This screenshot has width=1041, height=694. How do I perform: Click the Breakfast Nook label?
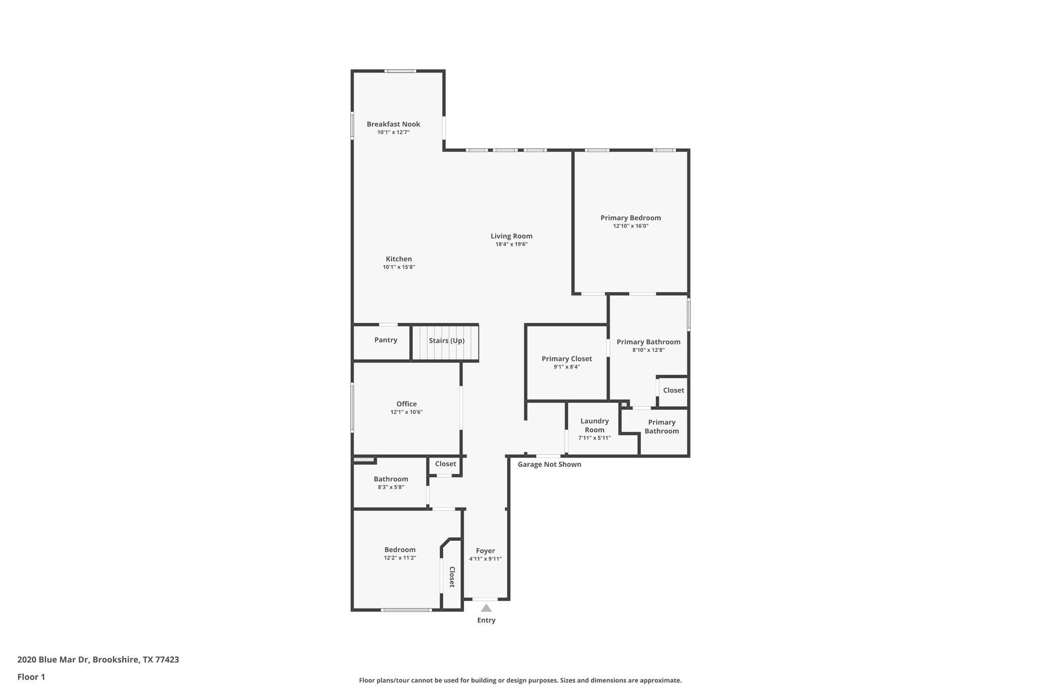click(x=393, y=124)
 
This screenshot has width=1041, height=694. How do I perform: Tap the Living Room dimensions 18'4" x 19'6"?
click(x=511, y=244)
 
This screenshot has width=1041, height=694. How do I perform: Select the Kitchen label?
click(x=399, y=259)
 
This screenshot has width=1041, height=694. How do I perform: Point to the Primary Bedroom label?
click(x=630, y=218)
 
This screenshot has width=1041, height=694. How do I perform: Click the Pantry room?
click(x=385, y=340)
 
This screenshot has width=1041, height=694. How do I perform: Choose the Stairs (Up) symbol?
click(x=446, y=341)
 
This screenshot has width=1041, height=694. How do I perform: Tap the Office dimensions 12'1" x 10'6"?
click(x=406, y=412)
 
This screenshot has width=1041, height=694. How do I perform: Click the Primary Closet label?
click(x=566, y=358)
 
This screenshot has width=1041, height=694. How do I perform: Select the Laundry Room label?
click(x=594, y=425)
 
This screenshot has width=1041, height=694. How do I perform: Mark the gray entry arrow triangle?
click(x=486, y=608)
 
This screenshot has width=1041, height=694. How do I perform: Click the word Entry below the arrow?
click(x=486, y=620)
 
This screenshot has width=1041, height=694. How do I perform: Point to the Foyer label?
click(x=485, y=551)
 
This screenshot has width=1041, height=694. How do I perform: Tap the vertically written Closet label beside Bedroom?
click(x=451, y=577)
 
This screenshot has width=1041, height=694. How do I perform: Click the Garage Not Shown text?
click(x=549, y=464)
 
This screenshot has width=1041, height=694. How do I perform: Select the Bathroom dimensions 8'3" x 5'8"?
click(x=390, y=487)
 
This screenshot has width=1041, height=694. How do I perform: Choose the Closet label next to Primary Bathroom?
click(x=673, y=390)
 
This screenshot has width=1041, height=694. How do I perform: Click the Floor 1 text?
click(x=32, y=677)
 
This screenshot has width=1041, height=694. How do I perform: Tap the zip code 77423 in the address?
click(x=167, y=659)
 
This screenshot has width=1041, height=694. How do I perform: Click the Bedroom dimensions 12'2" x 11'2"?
click(x=400, y=558)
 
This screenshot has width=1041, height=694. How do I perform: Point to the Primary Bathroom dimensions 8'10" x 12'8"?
click(x=648, y=350)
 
